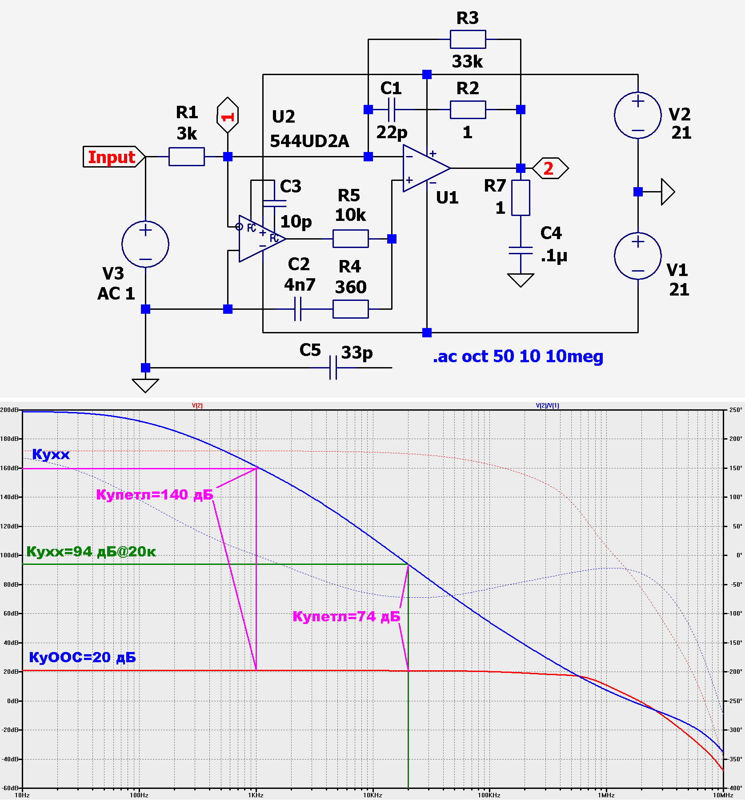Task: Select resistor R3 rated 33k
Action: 468,39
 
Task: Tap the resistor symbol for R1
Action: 187,157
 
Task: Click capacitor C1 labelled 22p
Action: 391,109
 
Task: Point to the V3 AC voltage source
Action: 145,244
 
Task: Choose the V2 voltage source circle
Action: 638,116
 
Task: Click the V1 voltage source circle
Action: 638,256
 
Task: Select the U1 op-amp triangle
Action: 426,168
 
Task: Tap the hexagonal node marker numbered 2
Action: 550,168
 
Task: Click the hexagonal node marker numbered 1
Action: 228,115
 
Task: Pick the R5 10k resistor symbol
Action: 351,239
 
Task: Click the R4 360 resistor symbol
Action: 351,309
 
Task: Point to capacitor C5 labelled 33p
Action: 333,368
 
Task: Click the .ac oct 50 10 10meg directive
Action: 518,356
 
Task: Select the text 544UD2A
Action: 309,141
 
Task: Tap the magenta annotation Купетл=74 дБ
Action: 346,616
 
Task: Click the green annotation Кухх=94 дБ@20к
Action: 91,552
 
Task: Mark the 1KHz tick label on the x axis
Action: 256,795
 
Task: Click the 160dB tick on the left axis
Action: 9,468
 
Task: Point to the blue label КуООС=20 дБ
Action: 82,657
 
